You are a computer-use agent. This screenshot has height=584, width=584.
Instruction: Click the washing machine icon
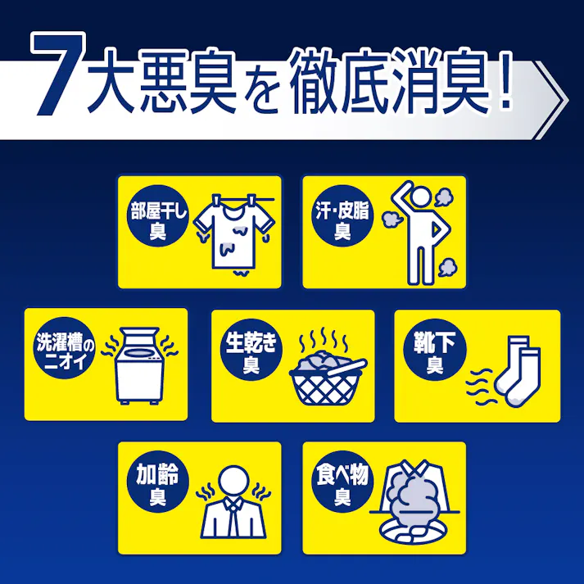coord(138,366)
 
